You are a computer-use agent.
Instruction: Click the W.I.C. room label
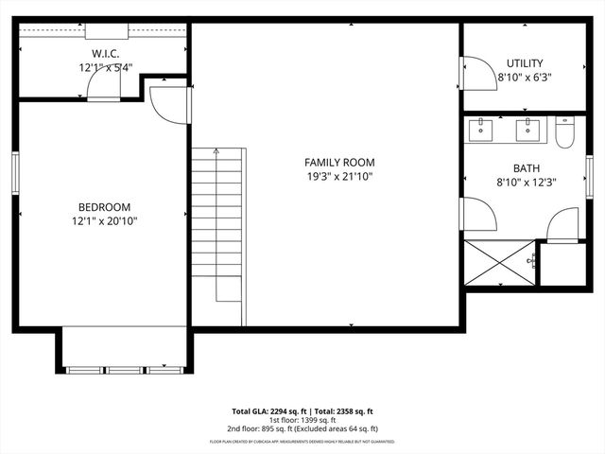[105, 54]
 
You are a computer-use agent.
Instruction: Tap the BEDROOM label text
[104, 207]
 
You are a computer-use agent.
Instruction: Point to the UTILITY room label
[524, 63]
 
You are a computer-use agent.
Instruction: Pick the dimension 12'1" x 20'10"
[104, 221]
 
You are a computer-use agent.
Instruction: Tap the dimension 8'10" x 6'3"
[524, 78]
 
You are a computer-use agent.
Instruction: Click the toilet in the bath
[564, 131]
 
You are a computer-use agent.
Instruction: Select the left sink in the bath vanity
[482, 128]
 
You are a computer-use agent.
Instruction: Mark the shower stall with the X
[499, 262]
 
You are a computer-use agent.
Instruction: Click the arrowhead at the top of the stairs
[216, 151]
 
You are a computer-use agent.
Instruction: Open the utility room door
[478, 74]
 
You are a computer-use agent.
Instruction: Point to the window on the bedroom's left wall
[15, 172]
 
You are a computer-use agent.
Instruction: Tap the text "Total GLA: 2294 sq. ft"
[267, 411]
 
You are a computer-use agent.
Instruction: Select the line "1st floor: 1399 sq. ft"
[302, 419]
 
